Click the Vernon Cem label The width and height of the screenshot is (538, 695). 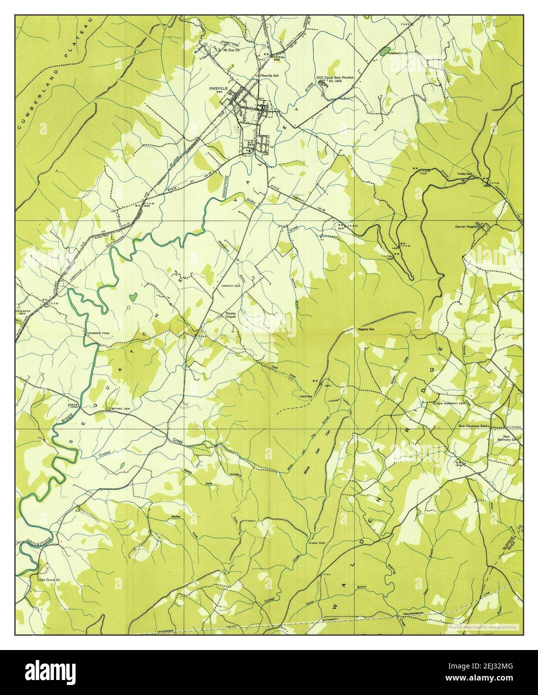221,286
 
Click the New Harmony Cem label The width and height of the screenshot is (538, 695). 451,403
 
